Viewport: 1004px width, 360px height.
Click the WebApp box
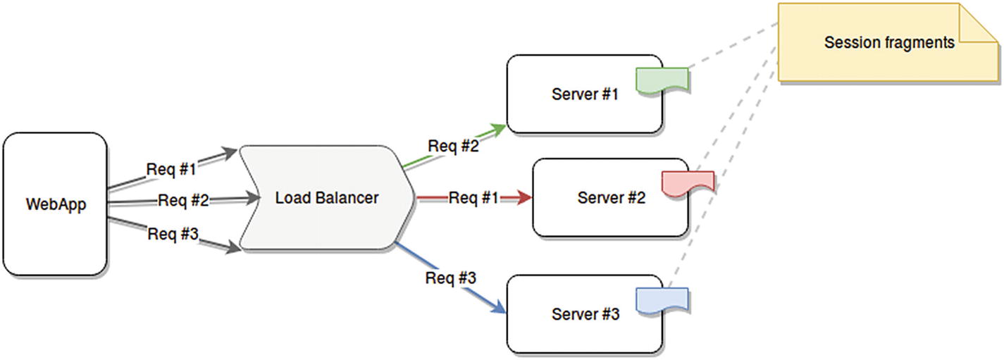55,204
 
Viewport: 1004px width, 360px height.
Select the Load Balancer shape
326,198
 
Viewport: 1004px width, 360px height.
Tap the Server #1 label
584,94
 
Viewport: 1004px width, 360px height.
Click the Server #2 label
611,198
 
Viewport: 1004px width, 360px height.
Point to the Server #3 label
585,314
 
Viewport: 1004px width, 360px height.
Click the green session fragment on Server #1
661,80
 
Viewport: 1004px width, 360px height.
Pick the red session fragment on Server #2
688,182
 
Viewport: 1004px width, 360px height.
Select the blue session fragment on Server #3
661,299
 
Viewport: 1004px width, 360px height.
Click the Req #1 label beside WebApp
171,170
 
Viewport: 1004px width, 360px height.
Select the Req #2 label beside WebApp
183,200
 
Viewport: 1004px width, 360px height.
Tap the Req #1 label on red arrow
473,198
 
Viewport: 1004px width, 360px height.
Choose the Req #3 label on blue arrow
451,278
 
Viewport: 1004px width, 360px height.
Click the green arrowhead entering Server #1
499,129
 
